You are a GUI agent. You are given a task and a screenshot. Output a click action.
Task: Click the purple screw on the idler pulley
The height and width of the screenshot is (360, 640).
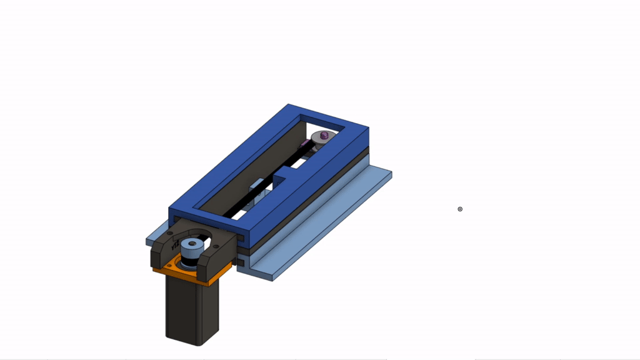tap(324, 136)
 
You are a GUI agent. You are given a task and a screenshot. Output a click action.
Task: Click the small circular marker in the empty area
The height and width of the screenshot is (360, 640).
tap(460, 209)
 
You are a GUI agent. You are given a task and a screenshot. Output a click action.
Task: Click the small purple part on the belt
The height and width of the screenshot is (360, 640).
tap(304, 144)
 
